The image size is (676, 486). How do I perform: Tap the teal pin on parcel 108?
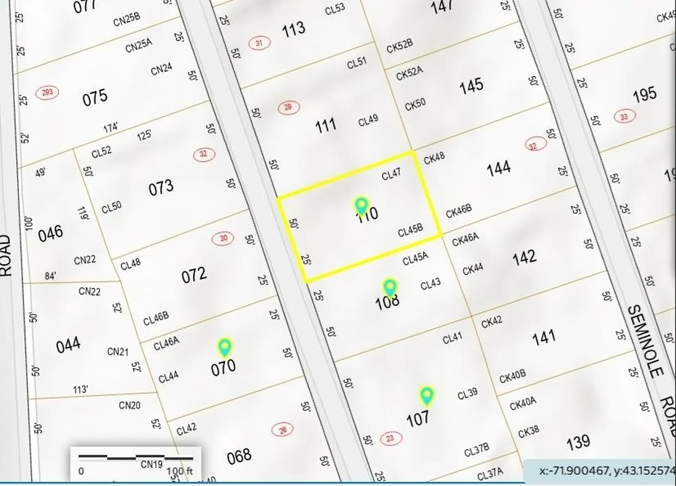coord(390,287)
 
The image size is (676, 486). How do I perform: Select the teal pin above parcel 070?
coord(225,347)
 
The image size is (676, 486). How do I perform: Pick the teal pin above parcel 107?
coord(426,395)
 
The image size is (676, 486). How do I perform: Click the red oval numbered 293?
coord(47,93)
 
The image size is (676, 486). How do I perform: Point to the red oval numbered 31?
coord(259,43)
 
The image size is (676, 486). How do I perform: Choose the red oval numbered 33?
coord(624,117)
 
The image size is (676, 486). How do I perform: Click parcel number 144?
coord(499,168)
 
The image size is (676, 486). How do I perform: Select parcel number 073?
coord(161,188)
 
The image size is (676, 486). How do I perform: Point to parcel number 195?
coord(644,94)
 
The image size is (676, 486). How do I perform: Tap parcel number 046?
coord(51,233)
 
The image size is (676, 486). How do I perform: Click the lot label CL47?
coord(391,174)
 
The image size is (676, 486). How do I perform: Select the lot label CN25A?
coord(139,45)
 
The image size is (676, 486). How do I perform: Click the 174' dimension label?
coord(111,127)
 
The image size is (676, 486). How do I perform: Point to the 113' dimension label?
coord(81,389)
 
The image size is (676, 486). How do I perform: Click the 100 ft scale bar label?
coord(180,471)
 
